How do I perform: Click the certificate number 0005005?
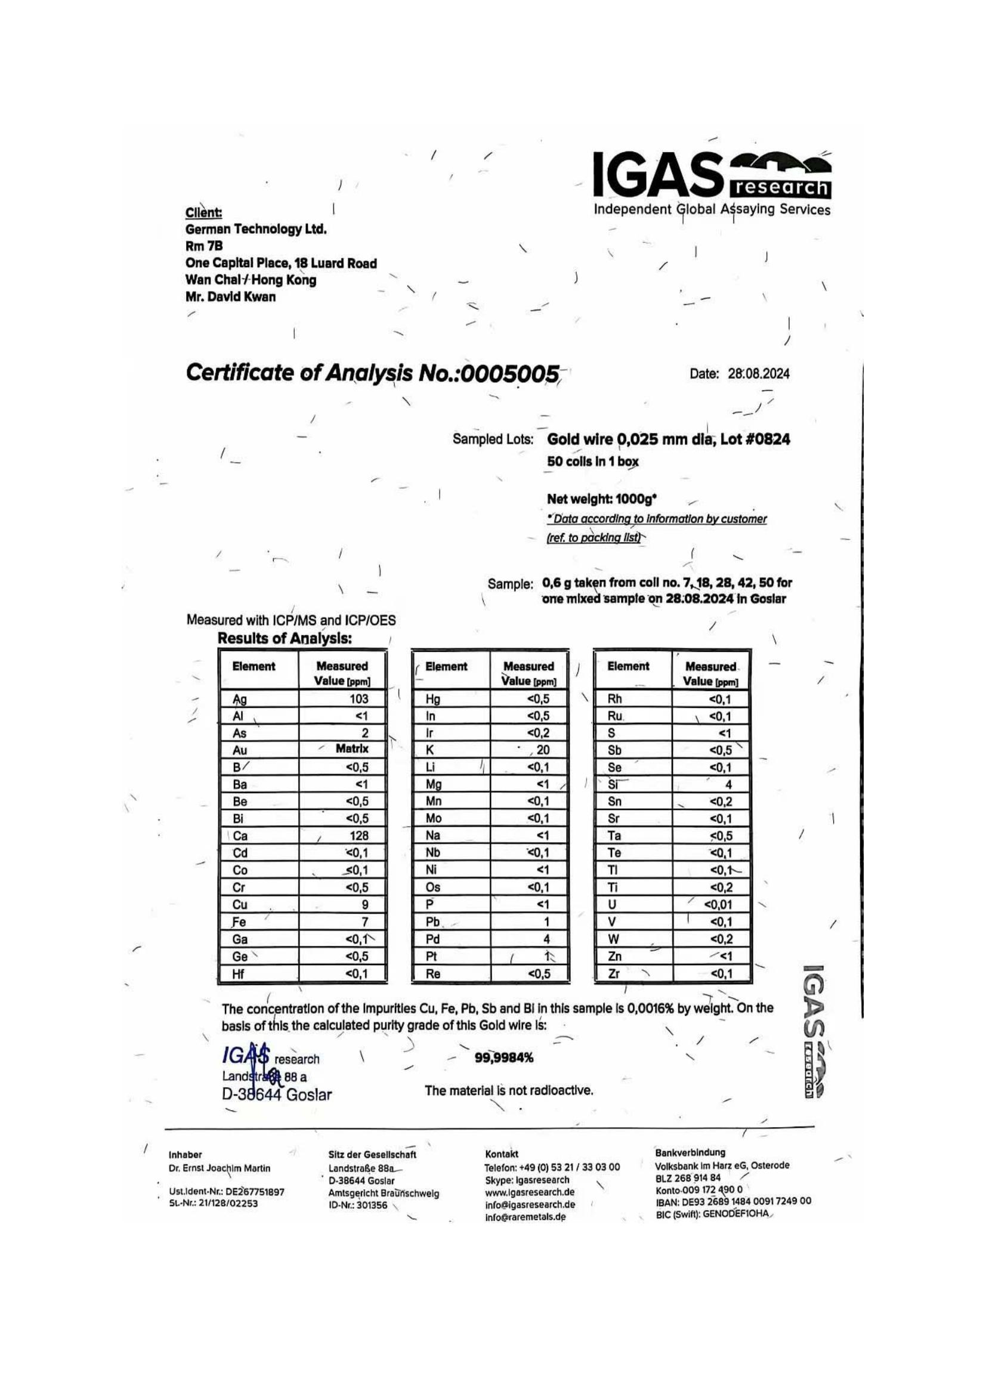coord(510,373)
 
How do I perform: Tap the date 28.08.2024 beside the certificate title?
coord(758,375)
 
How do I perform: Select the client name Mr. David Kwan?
coord(230,297)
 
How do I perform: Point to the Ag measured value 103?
coord(358,699)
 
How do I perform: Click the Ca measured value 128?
coord(358,836)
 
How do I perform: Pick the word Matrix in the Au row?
coord(352,749)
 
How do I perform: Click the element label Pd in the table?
coord(432,939)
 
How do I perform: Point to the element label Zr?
coord(614,973)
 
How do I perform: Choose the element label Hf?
coord(238,973)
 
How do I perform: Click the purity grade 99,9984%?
coord(503,1058)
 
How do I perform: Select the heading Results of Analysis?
coord(285,639)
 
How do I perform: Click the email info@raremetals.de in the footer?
coord(525,1217)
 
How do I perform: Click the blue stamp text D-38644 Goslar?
coord(277,1095)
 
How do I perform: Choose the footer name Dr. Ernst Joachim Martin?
coord(220,1168)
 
